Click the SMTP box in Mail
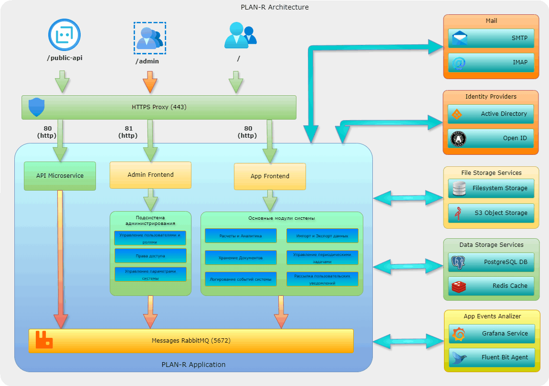pos(491,38)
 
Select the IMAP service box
pos(491,62)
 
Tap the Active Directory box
pos(491,114)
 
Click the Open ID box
pos(491,138)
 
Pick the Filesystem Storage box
pos(491,188)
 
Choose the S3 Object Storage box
pos(491,213)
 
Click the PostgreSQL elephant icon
pos(458,262)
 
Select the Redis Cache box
pos(491,286)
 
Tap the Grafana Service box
pos(492,334)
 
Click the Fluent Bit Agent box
pos(492,357)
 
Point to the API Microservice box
pos(60,176)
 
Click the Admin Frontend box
pos(150,175)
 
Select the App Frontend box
pos(270,176)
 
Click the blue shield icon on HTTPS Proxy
pos(36,107)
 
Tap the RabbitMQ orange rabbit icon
pos(44,340)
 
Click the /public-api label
pos(65,59)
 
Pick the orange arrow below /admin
pos(150,82)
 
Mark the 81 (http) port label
pos(127,132)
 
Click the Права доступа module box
pos(150,255)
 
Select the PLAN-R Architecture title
pos(274,7)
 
